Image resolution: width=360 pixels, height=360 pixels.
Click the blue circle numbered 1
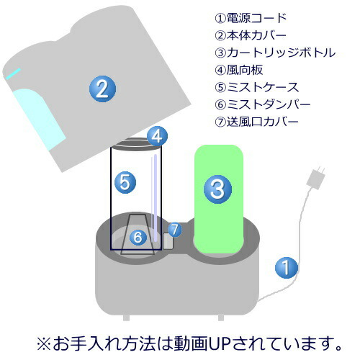pyautogui.click(x=287, y=268)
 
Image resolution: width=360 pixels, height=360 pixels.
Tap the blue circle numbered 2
pyautogui.click(x=103, y=89)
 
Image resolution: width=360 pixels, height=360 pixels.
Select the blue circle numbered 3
pyautogui.click(x=217, y=189)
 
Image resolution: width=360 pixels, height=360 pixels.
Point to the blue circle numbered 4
pyautogui.click(x=157, y=136)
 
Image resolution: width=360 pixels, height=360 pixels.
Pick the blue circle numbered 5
pyautogui.click(x=125, y=183)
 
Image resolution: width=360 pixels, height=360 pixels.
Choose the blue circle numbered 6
pyautogui.click(x=138, y=237)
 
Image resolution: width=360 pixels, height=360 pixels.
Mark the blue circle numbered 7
pyautogui.click(x=175, y=230)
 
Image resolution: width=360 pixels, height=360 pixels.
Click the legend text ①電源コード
pyautogui.click(x=251, y=18)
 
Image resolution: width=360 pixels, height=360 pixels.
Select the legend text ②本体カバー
pyautogui.click(x=251, y=35)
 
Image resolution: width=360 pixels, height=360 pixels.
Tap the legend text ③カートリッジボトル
pyautogui.click(x=275, y=53)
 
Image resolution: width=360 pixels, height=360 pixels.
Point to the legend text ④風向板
pyautogui.click(x=239, y=70)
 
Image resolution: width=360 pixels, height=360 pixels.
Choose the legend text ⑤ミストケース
pyautogui.click(x=257, y=87)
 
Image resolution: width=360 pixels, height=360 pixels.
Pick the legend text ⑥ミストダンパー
pyautogui.click(x=263, y=104)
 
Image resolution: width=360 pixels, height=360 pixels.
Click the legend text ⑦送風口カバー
pyautogui.click(x=257, y=122)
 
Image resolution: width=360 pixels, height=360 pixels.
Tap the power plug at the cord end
pyautogui.click(x=316, y=178)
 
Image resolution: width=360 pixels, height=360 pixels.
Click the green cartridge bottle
pyautogui.click(x=219, y=199)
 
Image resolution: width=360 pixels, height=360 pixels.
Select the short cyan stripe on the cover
pyautogui.click(x=13, y=73)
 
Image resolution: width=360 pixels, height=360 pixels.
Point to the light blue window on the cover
pyautogui.click(x=38, y=119)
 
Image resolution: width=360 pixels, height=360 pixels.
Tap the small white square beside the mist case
pyautogui.click(x=168, y=241)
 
